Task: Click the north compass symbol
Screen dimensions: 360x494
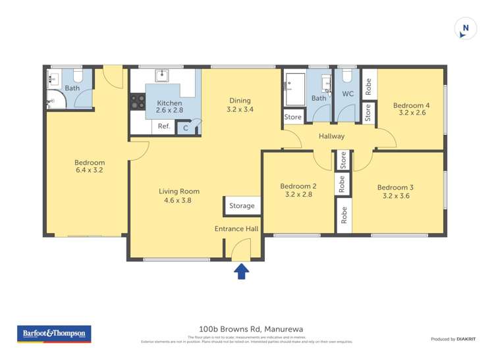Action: pos(466,28)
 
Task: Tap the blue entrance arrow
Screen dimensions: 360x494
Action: pos(241,270)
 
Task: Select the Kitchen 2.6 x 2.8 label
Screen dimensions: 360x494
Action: pos(169,107)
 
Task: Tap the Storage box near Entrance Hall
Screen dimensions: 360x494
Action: pos(242,205)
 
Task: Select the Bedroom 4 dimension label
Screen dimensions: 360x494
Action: pos(411,109)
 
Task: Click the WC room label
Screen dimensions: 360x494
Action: pos(348,94)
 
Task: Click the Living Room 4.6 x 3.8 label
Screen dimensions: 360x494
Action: pos(178,195)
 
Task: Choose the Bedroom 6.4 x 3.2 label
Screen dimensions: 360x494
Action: pos(89,166)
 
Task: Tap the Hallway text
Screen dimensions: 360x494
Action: pos(331,136)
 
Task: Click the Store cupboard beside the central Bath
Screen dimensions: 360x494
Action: pos(292,117)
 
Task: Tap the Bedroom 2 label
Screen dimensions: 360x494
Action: pos(298,190)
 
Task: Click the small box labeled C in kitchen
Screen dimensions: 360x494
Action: pos(186,128)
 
